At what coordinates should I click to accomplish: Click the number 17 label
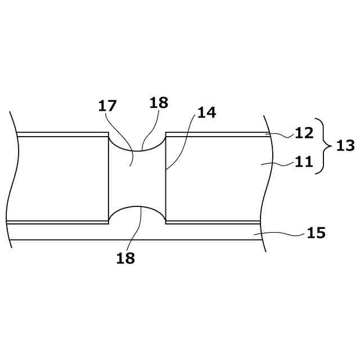click(x=107, y=105)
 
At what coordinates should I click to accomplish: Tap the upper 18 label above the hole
click(x=159, y=102)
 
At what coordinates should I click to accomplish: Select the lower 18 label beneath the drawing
click(x=125, y=258)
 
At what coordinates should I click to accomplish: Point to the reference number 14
click(x=206, y=112)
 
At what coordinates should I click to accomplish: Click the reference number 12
click(x=304, y=134)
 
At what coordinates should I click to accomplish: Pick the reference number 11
click(x=304, y=163)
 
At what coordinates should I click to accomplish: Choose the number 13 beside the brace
click(x=345, y=146)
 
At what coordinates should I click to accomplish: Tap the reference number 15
click(x=316, y=232)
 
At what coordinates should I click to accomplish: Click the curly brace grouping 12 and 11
click(x=323, y=146)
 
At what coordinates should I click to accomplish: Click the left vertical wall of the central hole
click(x=109, y=177)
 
